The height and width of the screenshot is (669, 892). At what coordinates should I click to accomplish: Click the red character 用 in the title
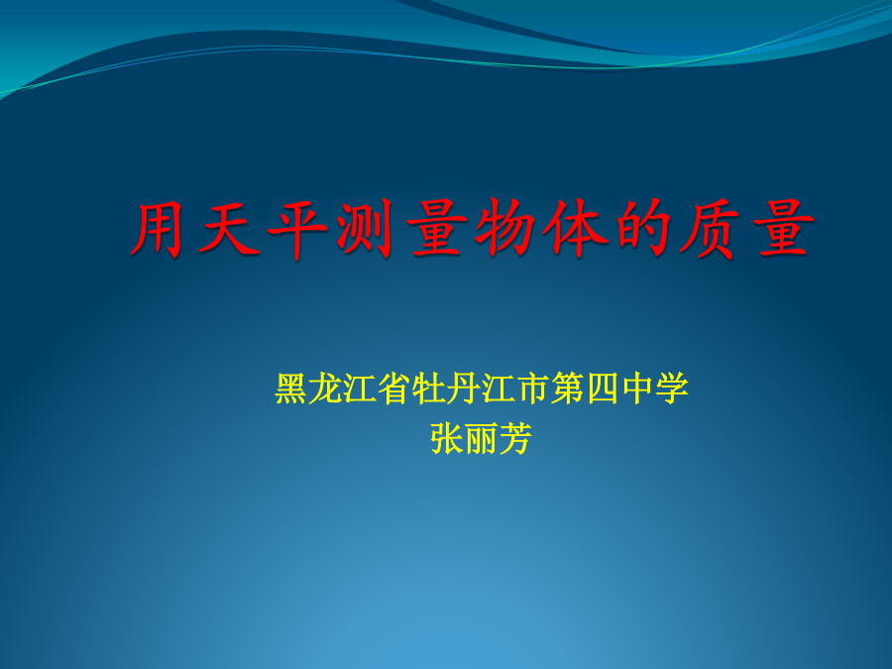157,229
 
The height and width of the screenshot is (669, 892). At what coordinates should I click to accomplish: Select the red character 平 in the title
297,229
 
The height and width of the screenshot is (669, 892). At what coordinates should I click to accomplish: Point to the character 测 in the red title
365,229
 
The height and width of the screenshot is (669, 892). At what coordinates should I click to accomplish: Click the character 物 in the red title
504,229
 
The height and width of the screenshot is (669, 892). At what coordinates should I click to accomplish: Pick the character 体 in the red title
571,229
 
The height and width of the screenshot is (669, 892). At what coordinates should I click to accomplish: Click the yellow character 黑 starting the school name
291,389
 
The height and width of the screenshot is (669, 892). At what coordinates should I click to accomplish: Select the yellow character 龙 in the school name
326,389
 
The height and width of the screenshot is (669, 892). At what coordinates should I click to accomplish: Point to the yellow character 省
394,389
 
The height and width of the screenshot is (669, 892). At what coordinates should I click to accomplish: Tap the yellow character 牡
429,389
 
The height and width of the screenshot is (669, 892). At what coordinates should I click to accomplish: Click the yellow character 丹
464,389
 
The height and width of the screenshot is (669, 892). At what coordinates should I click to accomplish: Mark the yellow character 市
533,389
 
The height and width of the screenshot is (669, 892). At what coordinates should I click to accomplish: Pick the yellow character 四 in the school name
603,390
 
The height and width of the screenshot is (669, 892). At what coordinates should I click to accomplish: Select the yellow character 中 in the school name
637,389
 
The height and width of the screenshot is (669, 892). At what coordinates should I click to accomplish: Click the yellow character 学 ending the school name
671,389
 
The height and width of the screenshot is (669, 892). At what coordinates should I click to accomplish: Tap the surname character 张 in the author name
446,439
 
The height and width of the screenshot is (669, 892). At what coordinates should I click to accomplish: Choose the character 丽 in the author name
481,439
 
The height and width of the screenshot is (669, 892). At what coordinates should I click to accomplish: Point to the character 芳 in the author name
515,439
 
